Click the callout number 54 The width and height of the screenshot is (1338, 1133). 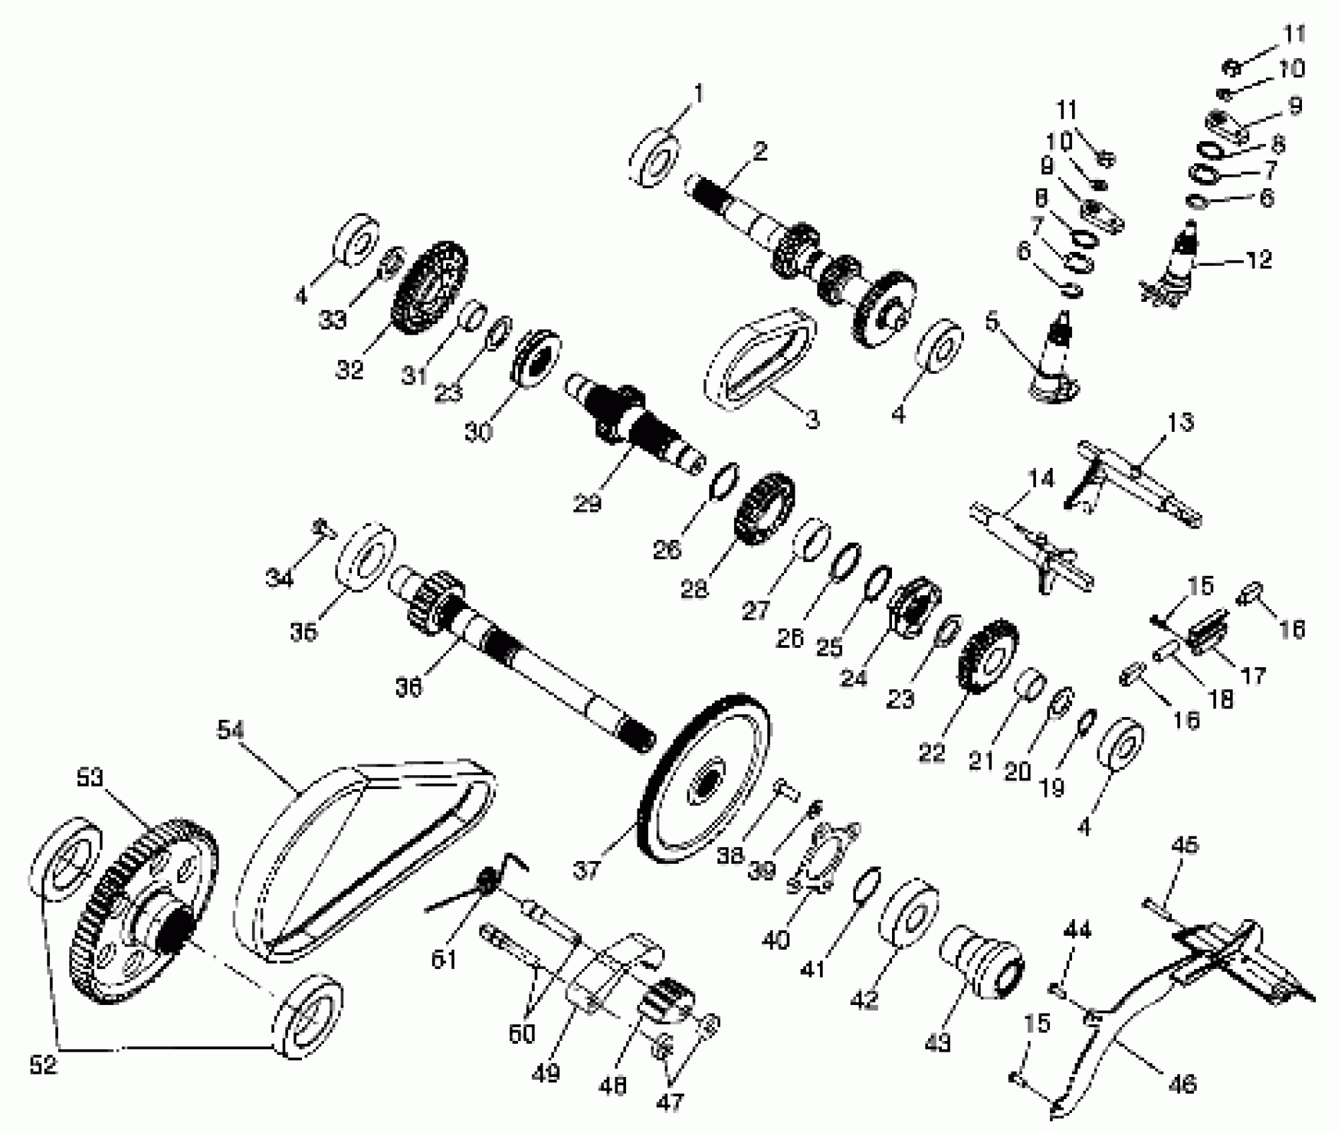(x=231, y=730)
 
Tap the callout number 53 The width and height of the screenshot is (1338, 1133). (x=90, y=778)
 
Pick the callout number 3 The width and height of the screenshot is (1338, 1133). (x=811, y=420)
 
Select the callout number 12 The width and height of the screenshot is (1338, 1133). (x=1258, y=259)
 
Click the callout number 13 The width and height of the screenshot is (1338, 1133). (x=1181, y=423)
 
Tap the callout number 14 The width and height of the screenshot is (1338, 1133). (x=1041, y=479)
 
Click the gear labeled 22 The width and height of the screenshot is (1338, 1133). (x=987, y=657)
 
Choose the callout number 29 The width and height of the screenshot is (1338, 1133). (x=587, y=503)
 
